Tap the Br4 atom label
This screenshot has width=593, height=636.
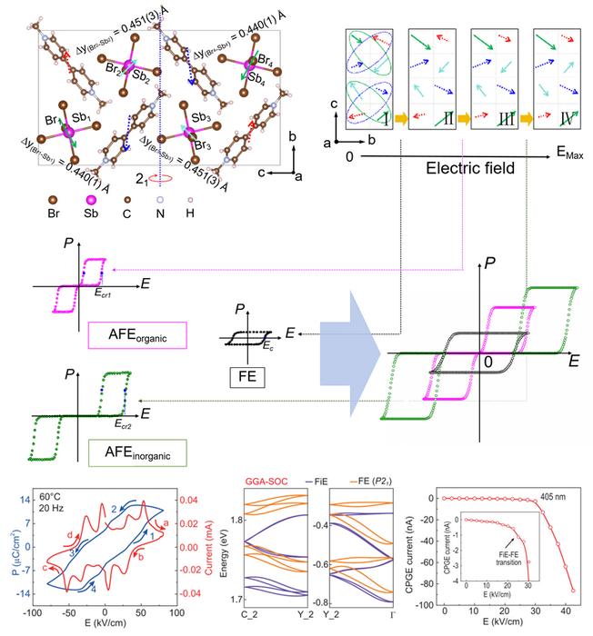tap(266, 58)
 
